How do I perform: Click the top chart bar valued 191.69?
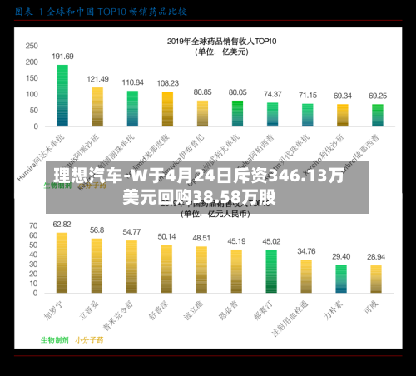click(x=62, y=96)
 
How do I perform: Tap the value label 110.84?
click(x=132, y=82)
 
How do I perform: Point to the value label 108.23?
click(x=167, y=83)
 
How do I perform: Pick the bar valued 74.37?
click(x=272, y=115)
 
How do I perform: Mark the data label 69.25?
click(x=378, y=95)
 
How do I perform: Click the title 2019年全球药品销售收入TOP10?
click(x=221, y=40)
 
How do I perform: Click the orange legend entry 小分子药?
click(x=87, y=339)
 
